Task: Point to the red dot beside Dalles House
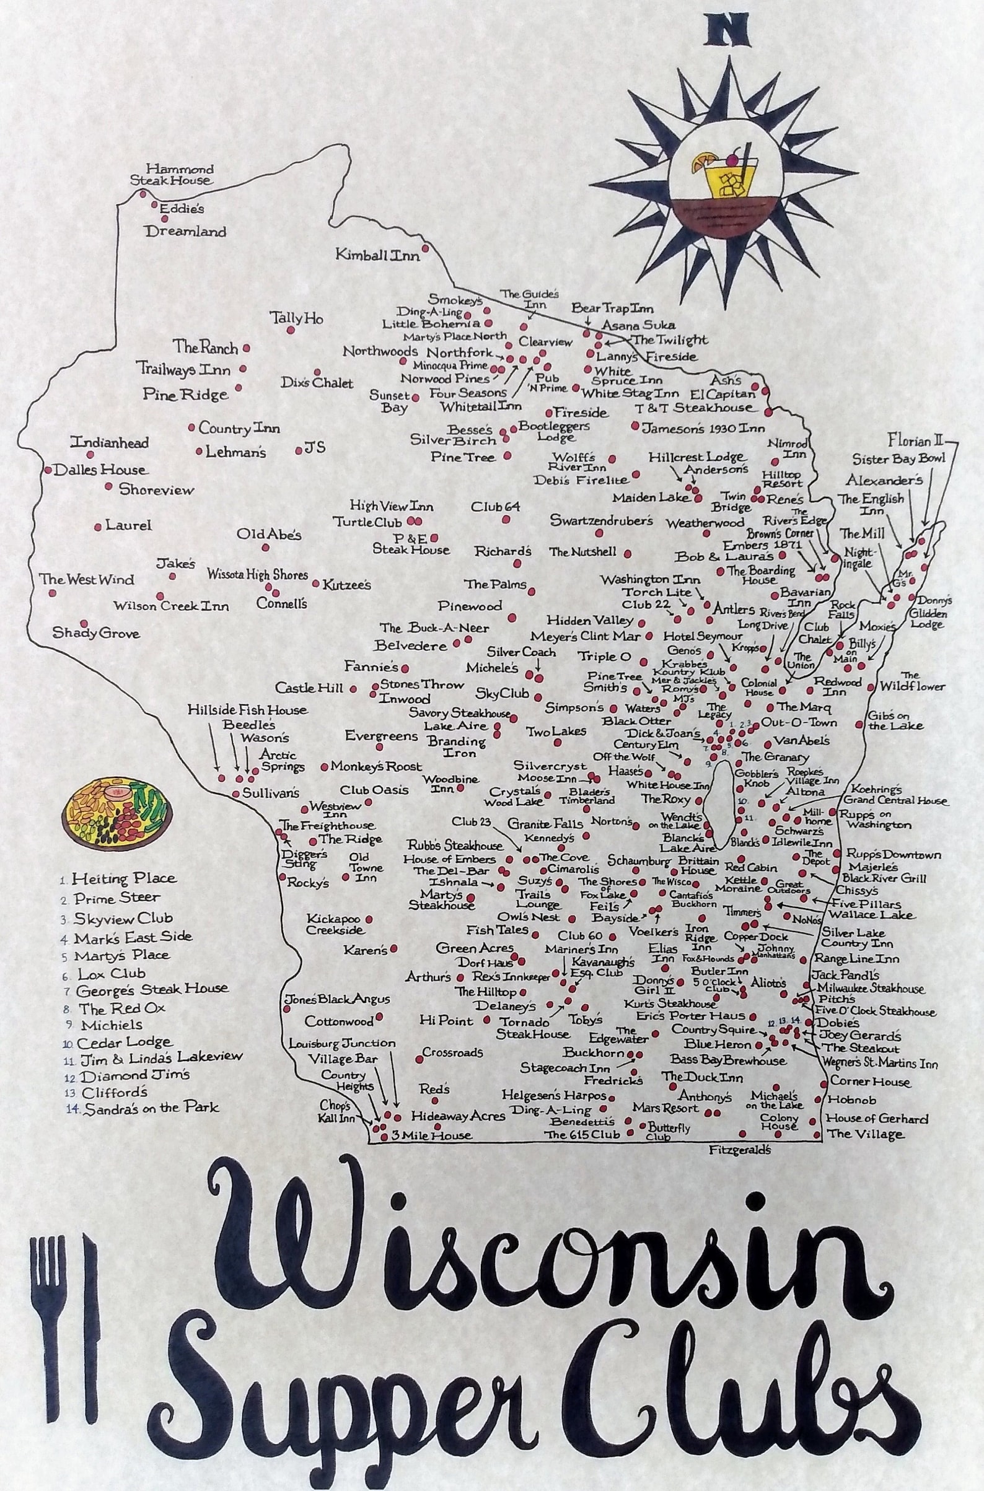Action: (x=48, y=469)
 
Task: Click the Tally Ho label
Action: (x=297, y=318)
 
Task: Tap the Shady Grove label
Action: (x=95, y=634)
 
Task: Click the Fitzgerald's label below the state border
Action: (x=739, y=1150)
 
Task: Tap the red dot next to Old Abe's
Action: (x=266, y=548)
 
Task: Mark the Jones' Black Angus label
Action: (x=337, y=999)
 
